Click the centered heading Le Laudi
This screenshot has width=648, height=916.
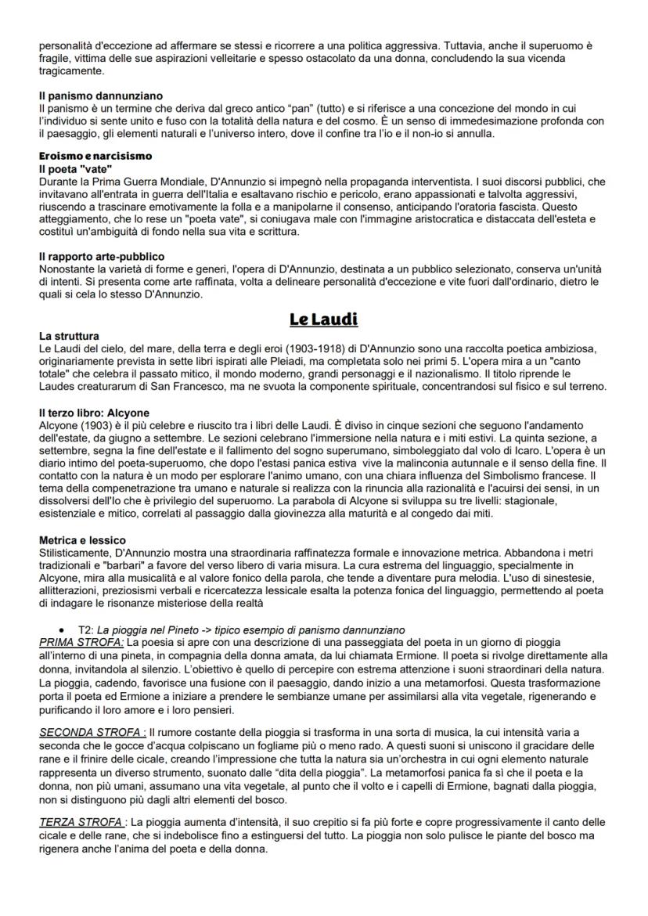click(x=323, y=319)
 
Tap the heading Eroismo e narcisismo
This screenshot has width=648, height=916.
click(x=95, y=156)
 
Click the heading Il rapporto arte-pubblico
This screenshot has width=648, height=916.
click(x=102, y=256)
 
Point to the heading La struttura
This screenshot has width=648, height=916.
click(x=69, y=336)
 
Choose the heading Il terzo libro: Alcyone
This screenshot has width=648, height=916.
click(x=94, y=413)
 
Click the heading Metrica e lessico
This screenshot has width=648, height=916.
click(x=83, y=540)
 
